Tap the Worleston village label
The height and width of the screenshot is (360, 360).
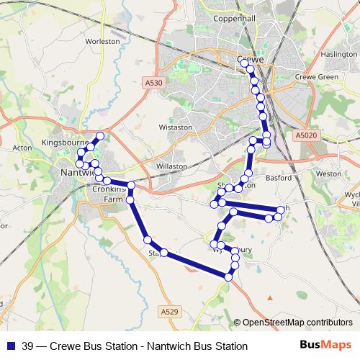tap(102, 42)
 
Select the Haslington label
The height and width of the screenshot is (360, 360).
tap(339, 55)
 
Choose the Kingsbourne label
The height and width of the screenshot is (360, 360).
tap(66, 142)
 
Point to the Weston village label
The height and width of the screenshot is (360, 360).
tap(328, 174)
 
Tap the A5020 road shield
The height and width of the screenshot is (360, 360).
tap(305, 134)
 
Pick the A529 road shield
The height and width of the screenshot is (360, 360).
tap(168, 311)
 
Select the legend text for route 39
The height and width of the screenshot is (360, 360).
tap(135, 346)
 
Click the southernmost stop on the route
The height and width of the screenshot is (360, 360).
tap(228, 277)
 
